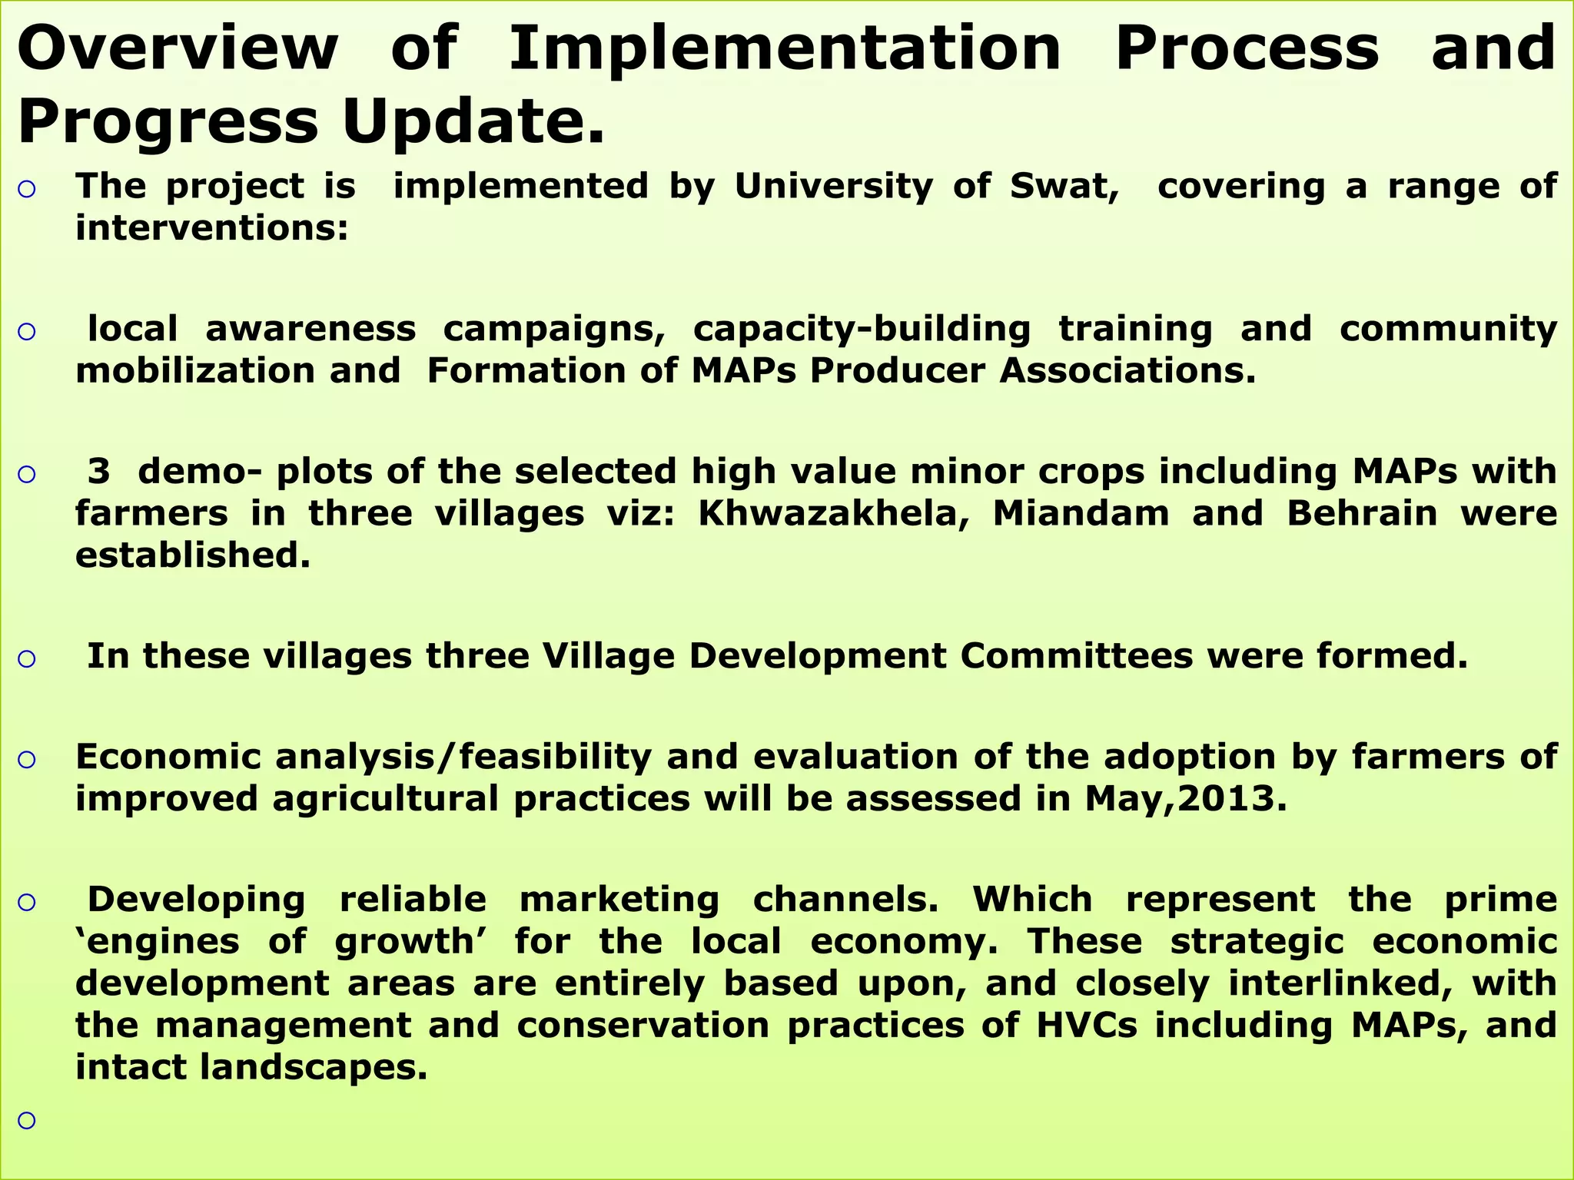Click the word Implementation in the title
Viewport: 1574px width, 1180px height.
click(785, 48)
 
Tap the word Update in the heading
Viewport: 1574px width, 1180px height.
click(473, 122)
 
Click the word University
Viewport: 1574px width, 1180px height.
click(833, 187)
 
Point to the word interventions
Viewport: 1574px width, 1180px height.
click(212, 228)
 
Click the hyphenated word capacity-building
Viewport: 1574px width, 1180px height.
click(862, 329)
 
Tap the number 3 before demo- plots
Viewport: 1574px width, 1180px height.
click(98, 471)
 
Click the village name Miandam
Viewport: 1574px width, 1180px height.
click(1081, 513)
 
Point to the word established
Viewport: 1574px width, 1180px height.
click(193, 555)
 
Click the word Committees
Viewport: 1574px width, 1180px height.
click(1076, 656)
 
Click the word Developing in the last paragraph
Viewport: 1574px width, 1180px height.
click(196, 900)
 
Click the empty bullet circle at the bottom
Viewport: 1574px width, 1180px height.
click(27, 1121)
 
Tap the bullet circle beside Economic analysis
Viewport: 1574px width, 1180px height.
click(27, 760)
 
